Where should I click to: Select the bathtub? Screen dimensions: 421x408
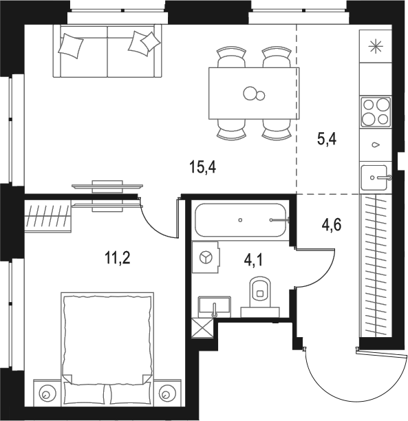[241, 221]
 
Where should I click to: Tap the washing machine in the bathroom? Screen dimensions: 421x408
[205, 257]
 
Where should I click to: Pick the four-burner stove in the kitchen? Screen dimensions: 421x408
[375, 111]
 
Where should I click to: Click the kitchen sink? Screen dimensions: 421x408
[375, 177]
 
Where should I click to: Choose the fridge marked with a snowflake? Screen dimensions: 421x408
[375, 47]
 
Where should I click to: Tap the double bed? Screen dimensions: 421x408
[106, 347]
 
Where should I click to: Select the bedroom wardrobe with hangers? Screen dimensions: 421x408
[48, 215]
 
